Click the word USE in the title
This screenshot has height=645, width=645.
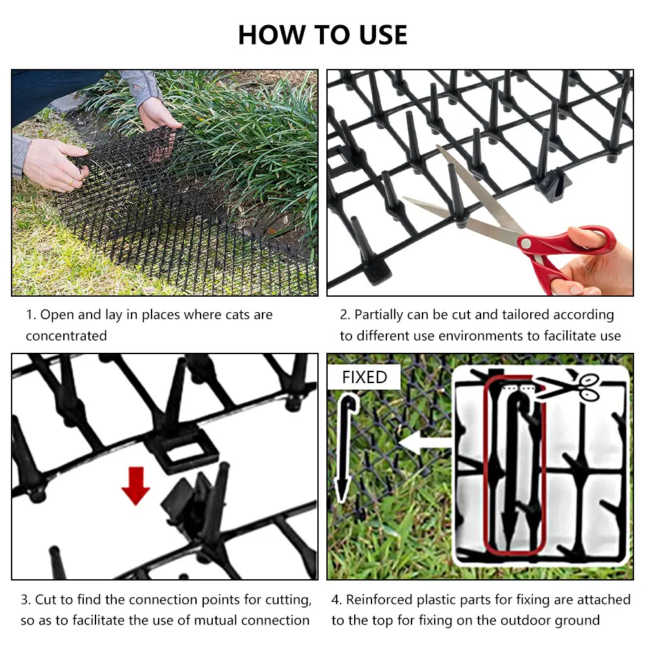pyautogui.click(x=383, y=35)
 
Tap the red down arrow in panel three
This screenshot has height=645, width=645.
pyautogui.click(x=135, y=486)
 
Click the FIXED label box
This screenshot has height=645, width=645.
pyautogui.click(x=364, y=377)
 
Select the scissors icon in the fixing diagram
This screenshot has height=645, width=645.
pyautogui.click(x=570, y=386)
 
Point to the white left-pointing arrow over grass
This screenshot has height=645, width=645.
pyautogui.click(x=425, y=442)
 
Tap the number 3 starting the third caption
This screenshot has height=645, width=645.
pyautogui.click(x=25, y=600)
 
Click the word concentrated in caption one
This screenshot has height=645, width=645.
pyautogui.click(x=66, y=336)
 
